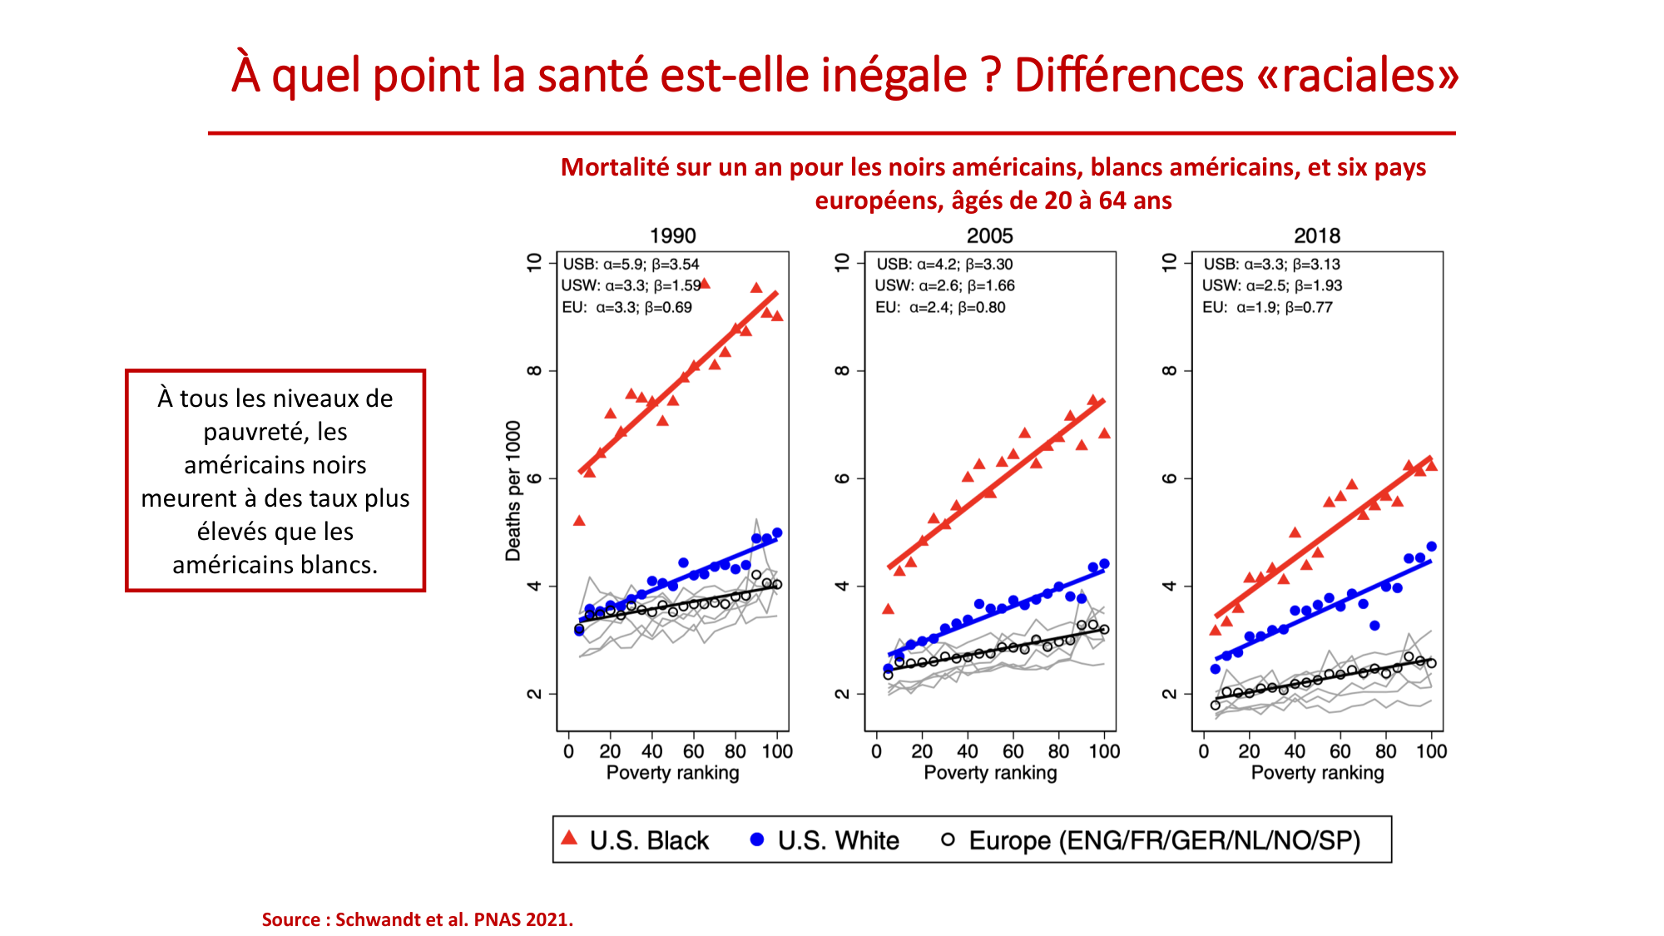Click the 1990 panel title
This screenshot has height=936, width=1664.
click(672, 235)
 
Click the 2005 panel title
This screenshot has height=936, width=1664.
click(989, 235)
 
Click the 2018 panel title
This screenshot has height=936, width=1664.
click(1317, 235)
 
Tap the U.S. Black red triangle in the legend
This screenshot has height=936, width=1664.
click(569, 838)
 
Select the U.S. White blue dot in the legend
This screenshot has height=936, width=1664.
click(756, 839)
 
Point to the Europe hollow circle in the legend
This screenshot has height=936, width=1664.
click(948, 839)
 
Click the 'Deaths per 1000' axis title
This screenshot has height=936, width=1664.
click(513, 490)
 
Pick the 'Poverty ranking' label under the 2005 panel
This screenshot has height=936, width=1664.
click(990, 772)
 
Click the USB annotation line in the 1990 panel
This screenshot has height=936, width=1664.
click(631, 264)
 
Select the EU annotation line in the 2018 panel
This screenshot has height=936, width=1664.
click(1267, 307)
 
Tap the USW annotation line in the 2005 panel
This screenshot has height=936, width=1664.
click(944, 285)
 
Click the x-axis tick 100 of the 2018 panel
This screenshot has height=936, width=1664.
click(1431, 751)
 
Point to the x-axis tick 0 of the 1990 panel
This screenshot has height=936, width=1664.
click(568, 751)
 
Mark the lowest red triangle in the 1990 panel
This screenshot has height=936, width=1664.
click(579, 521)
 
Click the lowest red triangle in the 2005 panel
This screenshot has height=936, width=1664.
click(888, 609)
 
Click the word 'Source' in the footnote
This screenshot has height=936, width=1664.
click(290, 919)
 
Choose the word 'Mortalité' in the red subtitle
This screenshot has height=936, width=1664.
click(615, 167)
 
